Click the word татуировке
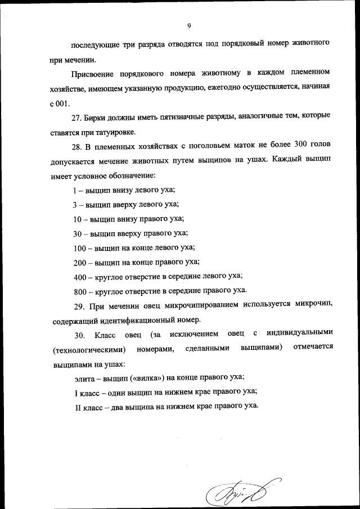(x=116, y=132)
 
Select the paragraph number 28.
(x=79, y=146)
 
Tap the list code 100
(x=80, y=247)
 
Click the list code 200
(x=80, y=262)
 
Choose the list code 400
(x=80, y=276)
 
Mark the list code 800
(x=80, y=291)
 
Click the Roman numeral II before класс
(x=78, y=407)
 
